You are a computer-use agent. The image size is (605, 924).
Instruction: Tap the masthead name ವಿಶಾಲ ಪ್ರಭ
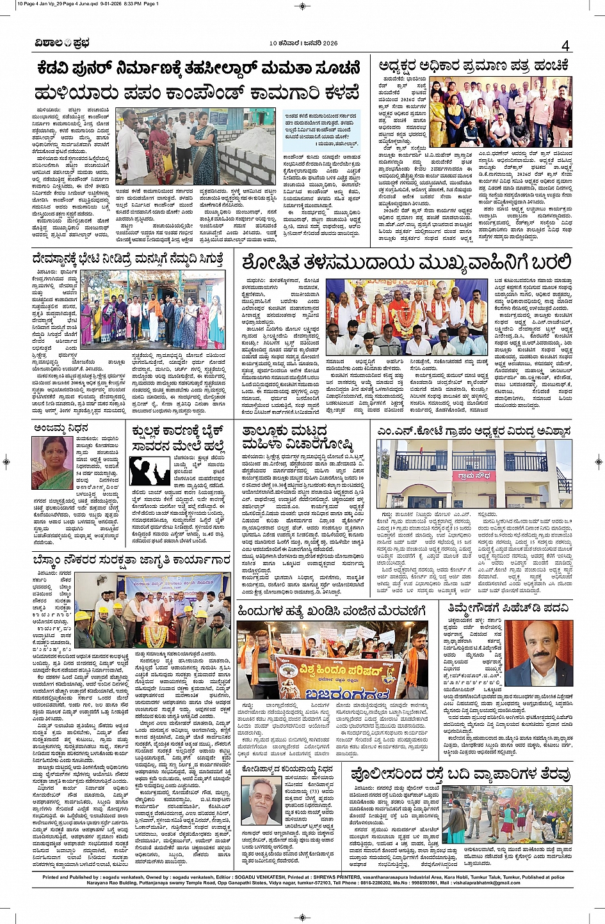point(62,43)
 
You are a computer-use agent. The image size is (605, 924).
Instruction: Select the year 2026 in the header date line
point(329,43)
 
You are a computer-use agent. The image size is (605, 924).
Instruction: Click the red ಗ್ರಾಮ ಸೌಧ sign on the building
point(472,476)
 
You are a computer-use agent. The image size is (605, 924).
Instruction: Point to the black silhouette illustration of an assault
point(149,470)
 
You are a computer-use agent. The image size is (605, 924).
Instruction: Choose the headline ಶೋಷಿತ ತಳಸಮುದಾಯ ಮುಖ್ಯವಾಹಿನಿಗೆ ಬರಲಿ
point(407,262)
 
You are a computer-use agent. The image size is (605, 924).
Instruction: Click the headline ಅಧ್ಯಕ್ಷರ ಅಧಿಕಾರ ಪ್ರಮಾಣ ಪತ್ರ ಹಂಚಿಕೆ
point(473,65)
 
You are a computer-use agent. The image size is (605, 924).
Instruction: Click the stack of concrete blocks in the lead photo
point(246,157)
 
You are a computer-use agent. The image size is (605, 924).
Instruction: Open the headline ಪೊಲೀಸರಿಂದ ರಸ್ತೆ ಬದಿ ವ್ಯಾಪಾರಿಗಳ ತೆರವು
point(461,774)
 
